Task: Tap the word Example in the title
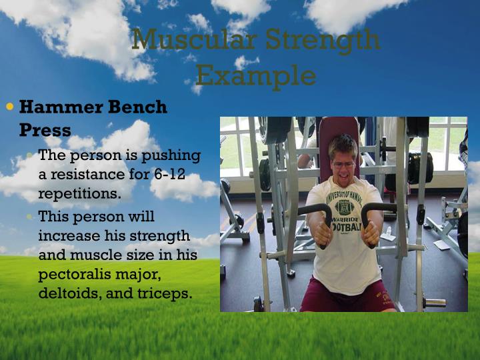(x=256, y=75)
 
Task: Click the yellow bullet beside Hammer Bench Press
(x=9, y=106)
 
